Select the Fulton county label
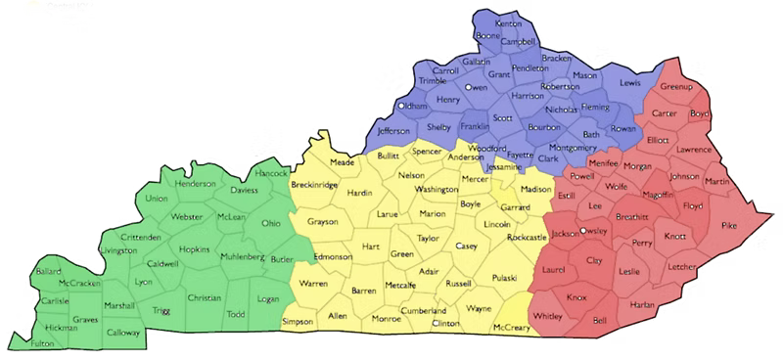click(x=43, y=343)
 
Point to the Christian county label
click(x=205, y=297)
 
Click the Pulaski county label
click(x=505, y=278)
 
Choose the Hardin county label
click(x=361, y=193)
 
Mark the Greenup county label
click(x=676, y=87)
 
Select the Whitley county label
click(x=548, y=316)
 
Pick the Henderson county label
click(x=196, y=184)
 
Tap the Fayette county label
click(x=520, y=155)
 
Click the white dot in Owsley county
click(x=583, y=231)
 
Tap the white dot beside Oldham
click(x=401, y=105)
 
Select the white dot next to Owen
click(x=468, y=87)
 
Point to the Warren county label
click(x=313, y=284)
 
